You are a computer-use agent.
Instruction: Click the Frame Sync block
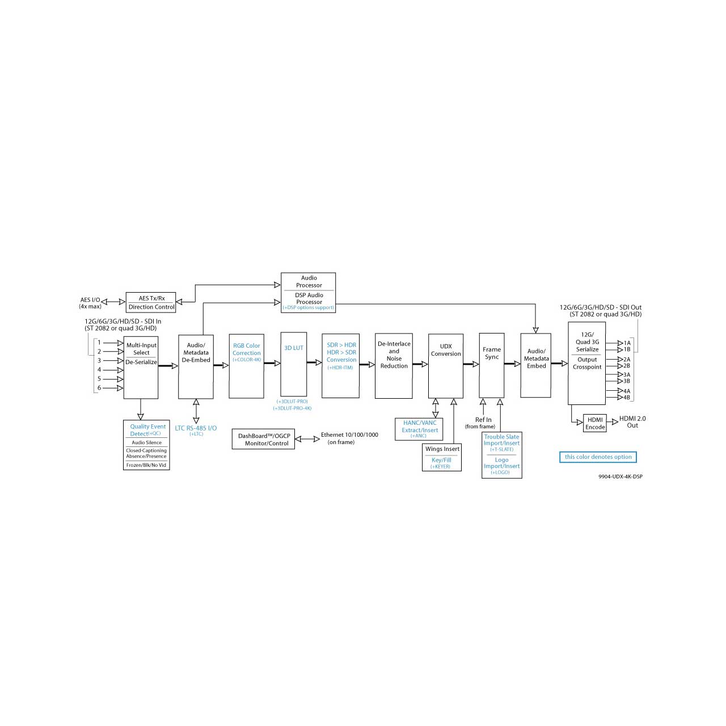[x=491, y=365]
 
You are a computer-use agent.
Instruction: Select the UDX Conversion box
[x=445, y=366]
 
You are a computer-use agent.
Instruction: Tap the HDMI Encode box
[x=594, y=423]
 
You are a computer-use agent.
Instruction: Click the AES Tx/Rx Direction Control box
[x=151, y=302]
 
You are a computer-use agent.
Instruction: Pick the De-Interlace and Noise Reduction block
[x=394, y=366]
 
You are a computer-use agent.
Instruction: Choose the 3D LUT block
[x=293, y=364]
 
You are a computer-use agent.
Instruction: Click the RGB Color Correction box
[x=246, y=366]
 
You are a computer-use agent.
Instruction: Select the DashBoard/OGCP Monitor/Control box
[x=263, y=439]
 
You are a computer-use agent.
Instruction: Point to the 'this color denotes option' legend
[x=598, y=457]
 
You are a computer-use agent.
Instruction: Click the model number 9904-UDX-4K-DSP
[x=620, y=476]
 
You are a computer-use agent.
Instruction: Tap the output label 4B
[x=627, y=397]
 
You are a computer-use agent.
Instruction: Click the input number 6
[x=99, y=388]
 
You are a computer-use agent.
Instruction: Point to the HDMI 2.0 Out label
[x=632, y=421]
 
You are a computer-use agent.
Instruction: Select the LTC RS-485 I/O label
[x=196, y=428]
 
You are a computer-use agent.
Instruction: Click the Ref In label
[x=483, y=419]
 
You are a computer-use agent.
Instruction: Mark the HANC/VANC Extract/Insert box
[x=419, y=429]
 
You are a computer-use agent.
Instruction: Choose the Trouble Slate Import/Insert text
[x=501, y=440]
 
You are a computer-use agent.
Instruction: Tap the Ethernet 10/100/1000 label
[x=349, y=434]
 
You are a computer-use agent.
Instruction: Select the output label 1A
[x=627, y=343]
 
